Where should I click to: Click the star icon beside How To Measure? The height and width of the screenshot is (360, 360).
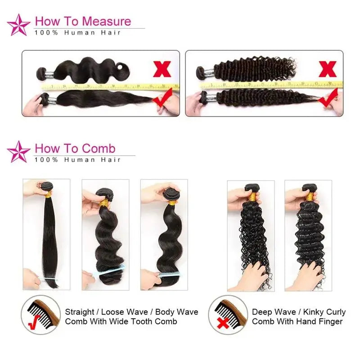coord(19,25)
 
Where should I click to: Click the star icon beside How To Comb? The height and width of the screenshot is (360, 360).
coord(19,152)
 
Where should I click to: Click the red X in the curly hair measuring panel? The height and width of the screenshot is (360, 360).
coord(328,69)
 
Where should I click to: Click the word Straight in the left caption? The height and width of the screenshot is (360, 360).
coord(80,312)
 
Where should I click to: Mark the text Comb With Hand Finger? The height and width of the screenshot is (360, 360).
coord(297,321)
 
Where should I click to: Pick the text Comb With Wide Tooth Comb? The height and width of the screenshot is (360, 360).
coord(121,321)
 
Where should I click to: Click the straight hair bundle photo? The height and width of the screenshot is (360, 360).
coord(46,234)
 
